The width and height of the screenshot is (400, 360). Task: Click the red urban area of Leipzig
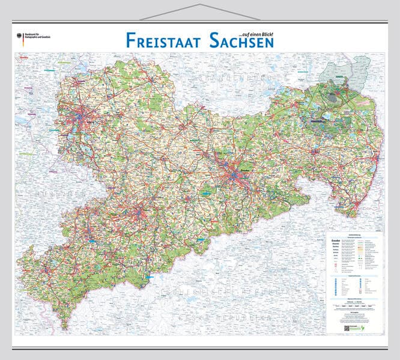[x=78, y=114]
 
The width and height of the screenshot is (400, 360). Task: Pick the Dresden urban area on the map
[x=234, y=174]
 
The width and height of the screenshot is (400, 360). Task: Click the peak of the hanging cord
[x=200, y=5]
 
